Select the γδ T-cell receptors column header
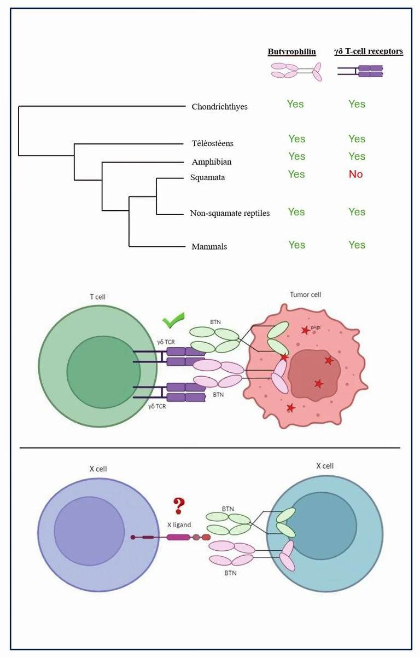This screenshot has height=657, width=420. (x=369, y=52)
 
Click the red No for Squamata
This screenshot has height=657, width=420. (x=357, y=175)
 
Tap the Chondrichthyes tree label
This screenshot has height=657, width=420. (x=219, y=107)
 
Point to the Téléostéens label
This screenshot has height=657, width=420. (x=213, y=143)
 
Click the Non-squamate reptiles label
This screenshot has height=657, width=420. (x=230, y=213)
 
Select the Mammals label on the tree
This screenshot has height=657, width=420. (x=209, y=246)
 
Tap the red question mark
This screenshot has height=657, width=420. (x=179, y=504)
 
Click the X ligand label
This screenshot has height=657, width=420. (x=179, y=525)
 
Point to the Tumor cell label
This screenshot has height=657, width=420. (x=305, y=295)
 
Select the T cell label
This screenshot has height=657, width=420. (x=97, y=297)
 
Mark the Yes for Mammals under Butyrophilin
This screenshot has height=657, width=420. (x=296, y=245)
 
